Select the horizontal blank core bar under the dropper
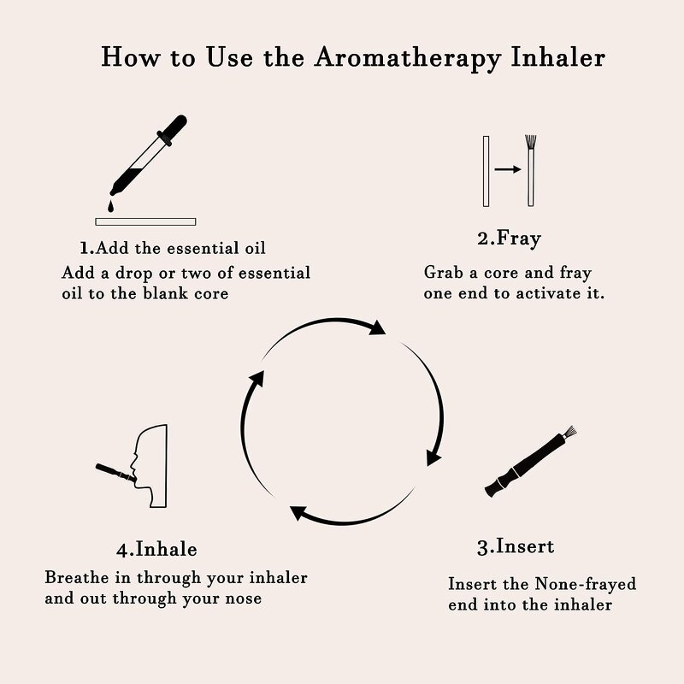click(145, 221)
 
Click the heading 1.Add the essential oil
click(173, 248)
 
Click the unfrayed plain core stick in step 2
click(486, 170)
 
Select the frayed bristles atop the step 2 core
click(531, 140)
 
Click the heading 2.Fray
click(508, 239)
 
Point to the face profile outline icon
click(150, 465)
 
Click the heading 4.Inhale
click(156, 548)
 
